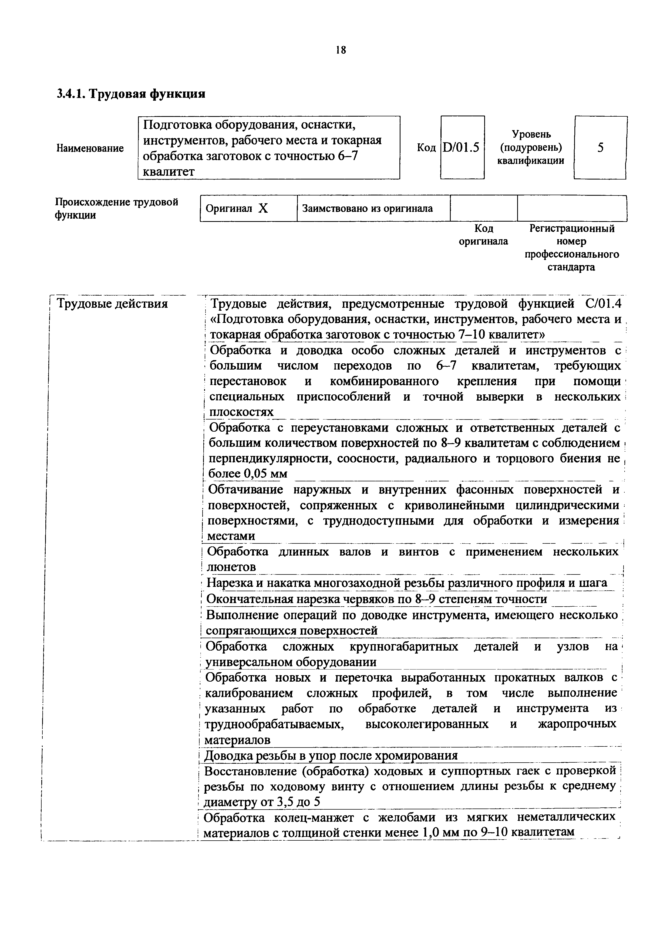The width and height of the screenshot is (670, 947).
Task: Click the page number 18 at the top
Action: [x=341, y=50]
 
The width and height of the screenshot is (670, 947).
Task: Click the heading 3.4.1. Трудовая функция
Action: [x=131, y=94]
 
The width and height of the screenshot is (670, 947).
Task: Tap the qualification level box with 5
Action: [x=600, y=147]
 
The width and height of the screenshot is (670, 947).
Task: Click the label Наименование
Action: [x=90, y=148]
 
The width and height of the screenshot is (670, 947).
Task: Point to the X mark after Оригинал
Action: [x=263, y=209]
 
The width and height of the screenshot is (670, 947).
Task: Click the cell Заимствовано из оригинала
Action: [x=368, y=209]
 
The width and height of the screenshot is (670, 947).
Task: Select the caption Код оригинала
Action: [x=483, y=235]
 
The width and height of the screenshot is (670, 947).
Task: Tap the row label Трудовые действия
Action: [x=112, y=304]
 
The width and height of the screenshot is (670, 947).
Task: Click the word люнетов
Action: [x=231, y=567]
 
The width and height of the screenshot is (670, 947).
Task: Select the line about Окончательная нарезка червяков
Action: [x=376, y=598]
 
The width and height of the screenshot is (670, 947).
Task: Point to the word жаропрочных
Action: [x=577, y=724]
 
